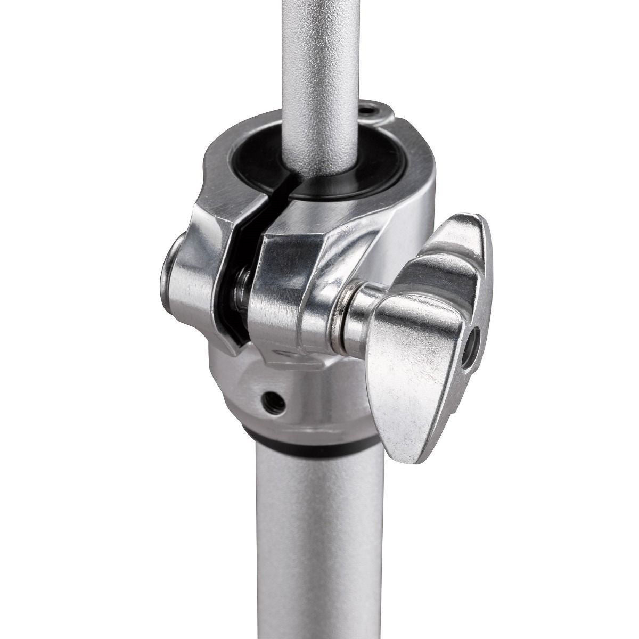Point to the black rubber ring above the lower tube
click(x=298, y=443)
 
